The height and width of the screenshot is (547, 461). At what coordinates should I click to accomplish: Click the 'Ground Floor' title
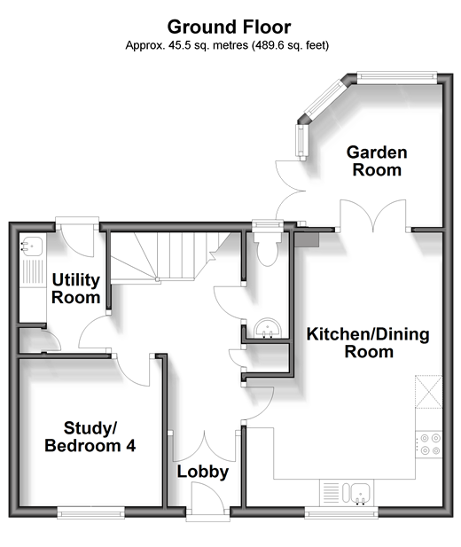pos(229,27)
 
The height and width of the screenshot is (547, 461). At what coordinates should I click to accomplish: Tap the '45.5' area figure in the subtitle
pos(179,45)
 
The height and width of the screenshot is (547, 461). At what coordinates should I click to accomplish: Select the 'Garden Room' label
pos(377,161)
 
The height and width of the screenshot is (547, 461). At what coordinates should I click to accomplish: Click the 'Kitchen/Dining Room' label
pos(368,342)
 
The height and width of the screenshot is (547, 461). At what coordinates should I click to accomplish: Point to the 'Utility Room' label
pos(75,289)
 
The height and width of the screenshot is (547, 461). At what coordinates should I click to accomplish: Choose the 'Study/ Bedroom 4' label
pos(90,437)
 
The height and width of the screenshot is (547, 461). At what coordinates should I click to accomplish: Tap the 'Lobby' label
pos(203,472)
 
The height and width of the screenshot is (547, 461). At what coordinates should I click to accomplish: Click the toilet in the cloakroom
pos(268,247)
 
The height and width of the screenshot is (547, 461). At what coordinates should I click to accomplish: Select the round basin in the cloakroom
pos(268,329)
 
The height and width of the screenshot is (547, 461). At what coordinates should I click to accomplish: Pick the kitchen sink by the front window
pos(357,493)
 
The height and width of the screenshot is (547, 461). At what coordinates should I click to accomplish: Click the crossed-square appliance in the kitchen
pos(429,392)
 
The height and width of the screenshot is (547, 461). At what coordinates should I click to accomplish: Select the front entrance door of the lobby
pos(207,497)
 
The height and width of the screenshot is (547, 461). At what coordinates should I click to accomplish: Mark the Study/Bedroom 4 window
pos(90,512)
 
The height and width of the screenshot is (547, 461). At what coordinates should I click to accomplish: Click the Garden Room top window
pos(396,77)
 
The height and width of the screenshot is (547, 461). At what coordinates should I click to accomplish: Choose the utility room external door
pos(77,238)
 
